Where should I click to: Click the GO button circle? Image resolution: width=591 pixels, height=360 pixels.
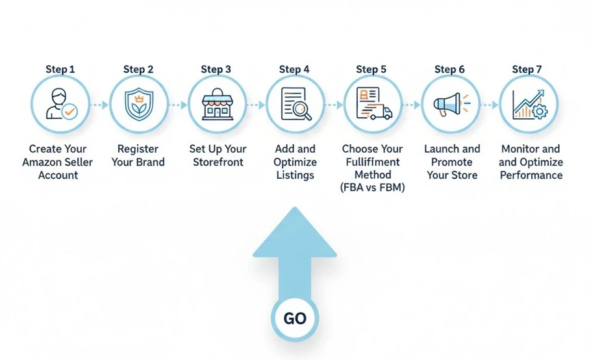pos(295,318)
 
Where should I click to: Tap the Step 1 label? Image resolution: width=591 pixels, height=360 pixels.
pos(60,69)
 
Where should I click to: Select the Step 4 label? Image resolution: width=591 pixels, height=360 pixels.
pos(294,69)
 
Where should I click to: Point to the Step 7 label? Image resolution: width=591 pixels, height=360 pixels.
pos(527,69)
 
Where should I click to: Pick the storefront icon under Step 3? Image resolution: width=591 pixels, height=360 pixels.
pos(216,105)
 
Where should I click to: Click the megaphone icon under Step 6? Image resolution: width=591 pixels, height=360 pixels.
pos(449,104)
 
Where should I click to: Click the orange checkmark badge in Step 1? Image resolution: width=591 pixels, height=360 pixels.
pos(69,112)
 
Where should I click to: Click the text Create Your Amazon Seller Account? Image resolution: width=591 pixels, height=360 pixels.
pos(57,162)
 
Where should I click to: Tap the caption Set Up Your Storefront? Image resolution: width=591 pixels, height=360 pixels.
pos(218,155)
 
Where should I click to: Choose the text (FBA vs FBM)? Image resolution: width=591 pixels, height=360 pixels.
pos(373,188)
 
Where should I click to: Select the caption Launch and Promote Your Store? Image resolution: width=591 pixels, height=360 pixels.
pos(452,162)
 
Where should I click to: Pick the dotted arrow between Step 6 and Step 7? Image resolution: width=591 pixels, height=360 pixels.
pos(488,105)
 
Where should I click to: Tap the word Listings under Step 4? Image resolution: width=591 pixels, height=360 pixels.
pos(295,175)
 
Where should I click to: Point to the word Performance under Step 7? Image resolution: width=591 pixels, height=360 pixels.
pos(531,175)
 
